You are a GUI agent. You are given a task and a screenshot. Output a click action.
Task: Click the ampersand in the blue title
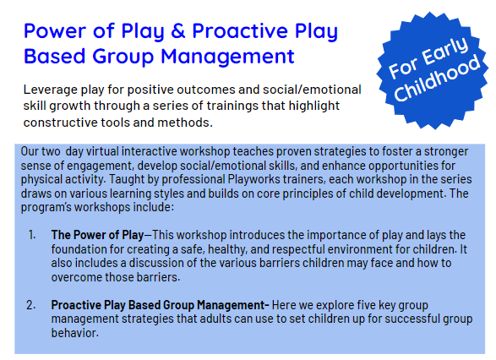[178, 33]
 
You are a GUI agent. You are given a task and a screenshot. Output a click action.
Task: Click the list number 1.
[32, 233]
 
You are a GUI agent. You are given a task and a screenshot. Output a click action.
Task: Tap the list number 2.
[32, 305]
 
